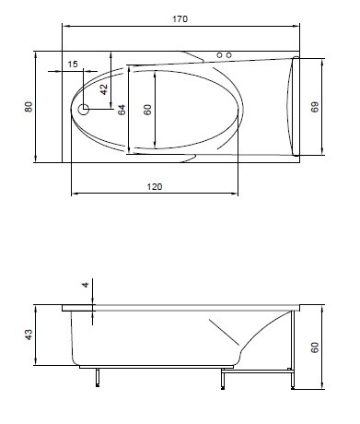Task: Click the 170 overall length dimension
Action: tap(180, 19)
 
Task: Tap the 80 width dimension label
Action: tap(29, 107)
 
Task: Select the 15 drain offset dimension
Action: tap(73, 65)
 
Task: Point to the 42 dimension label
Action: tap(104, 89)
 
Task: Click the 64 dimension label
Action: tap(122, 110)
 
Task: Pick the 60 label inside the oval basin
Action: tap(147, 110)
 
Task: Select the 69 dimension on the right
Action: tap(315, 107)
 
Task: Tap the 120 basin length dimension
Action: tap(155, 186)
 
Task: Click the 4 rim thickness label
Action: tap(86, 285)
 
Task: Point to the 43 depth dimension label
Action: tap(29, 335)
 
